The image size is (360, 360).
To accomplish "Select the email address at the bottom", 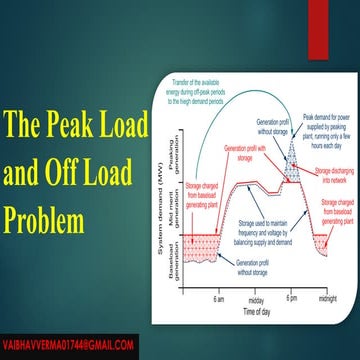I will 69,344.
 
